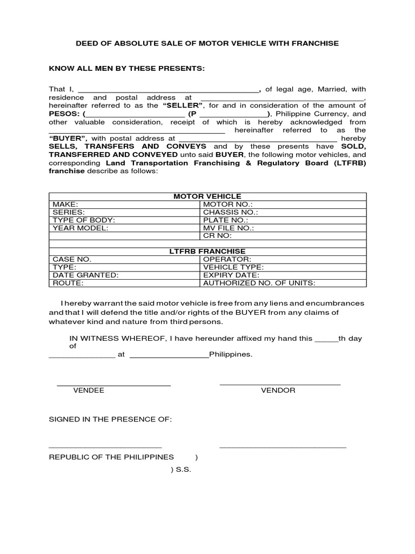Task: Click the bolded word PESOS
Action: [64, 114]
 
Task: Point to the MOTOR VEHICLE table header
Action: [207, 196]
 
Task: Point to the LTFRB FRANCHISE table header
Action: [207, 252]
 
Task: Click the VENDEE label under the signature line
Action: [89, 391]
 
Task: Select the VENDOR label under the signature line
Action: [278, 391]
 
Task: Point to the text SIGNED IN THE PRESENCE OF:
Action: [110, 420]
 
